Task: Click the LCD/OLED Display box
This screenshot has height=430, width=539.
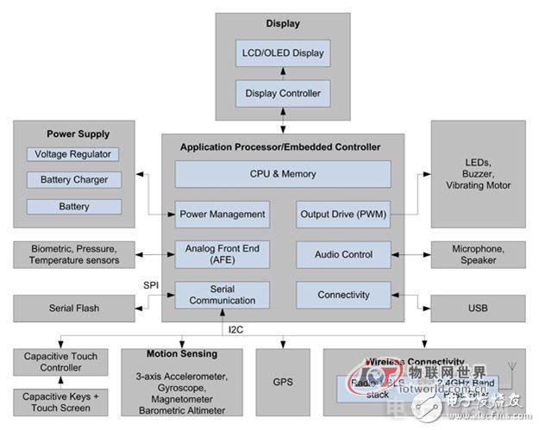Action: (282, 53)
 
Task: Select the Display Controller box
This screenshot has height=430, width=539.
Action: (282, 93)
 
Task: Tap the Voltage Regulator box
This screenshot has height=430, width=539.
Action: (73, 154)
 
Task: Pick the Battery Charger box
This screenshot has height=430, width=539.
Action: (73, 180)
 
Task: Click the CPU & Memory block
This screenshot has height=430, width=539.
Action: (283, 174)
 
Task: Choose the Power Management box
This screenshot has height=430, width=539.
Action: (222, 214)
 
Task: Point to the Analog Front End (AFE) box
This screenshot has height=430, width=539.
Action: (222, 254)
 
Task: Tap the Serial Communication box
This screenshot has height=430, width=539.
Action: (222, 295)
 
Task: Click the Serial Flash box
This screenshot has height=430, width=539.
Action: (73, 308)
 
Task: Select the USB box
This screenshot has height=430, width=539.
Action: (478, 308)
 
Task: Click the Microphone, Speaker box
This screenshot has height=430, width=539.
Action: (478, 254)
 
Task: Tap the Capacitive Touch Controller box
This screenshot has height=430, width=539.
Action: (60, 362)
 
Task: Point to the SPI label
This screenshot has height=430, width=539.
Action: (152, 284)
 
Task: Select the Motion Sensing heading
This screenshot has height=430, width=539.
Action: (181, 354)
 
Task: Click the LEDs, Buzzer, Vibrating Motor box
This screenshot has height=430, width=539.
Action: (478, 173)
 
